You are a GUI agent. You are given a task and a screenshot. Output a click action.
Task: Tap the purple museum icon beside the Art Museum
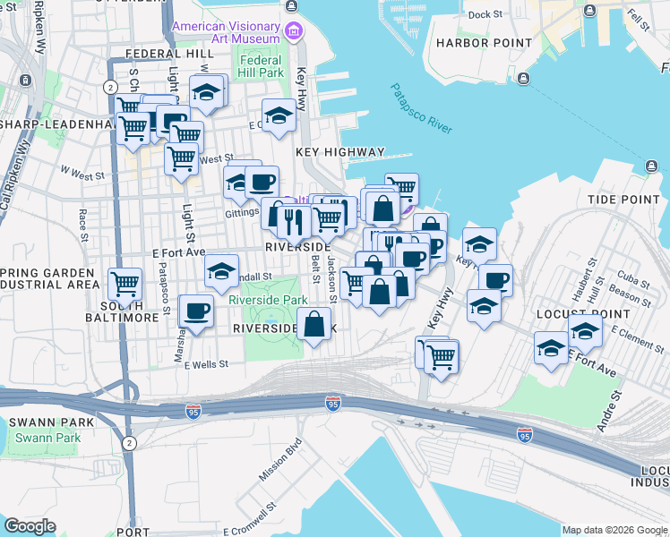292,33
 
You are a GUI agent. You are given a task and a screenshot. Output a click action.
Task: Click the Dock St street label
485,14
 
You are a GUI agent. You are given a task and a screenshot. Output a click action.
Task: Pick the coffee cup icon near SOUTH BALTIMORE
196,311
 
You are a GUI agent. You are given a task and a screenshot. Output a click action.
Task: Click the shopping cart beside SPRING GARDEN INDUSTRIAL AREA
125,284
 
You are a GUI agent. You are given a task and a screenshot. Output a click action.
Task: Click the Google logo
30,526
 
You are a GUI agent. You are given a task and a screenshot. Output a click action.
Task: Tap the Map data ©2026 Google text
614,530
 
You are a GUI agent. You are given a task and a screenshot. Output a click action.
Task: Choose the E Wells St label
207,364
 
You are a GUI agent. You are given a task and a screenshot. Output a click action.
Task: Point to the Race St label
82,226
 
